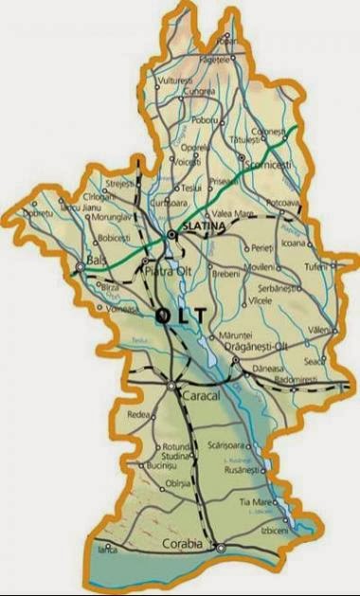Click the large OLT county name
pyautogui.click(x=181, y=314)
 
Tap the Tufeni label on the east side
pyautogui.click(x=316, y=266)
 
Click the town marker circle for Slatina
pyautogui.click(x=171, y=233)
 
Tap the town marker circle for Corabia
pyautogui.click(x=219, y=547)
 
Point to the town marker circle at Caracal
pyautogui.click(x=171, y=386)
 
